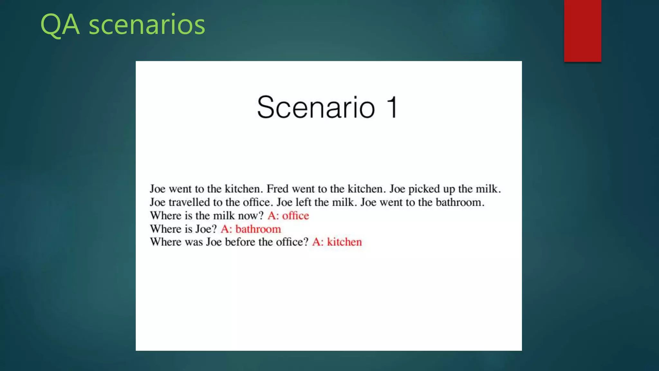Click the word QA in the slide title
[60, 25]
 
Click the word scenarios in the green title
[147, 25]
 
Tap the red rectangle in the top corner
[582, 31]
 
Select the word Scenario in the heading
[316, 107]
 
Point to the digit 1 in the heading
[392, 107]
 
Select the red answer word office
[295, 215]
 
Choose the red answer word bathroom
[258, 229]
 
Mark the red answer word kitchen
[344, 242]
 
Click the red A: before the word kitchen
[318, 242]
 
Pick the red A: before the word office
[273, 215]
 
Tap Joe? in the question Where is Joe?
[206, 229]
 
